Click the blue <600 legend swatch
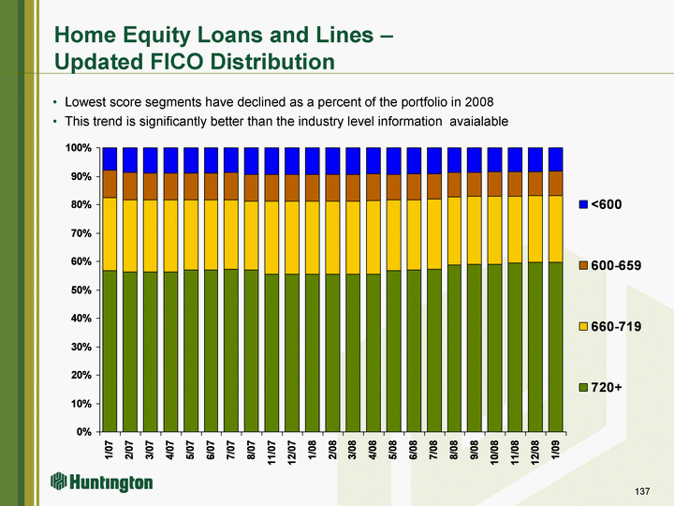coord(583,204)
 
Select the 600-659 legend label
coord(616,265)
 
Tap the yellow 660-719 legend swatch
coord(583,327)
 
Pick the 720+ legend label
coord(607,387)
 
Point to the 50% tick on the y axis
coord(100,290)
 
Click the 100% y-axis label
coord(79,148)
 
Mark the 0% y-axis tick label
coord(84,432)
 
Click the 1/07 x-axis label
coord(110,449)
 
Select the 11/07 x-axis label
coord(272,452)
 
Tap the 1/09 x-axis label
coord(556,449)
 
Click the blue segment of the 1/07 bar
coord(110,158)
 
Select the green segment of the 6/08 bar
coord(414,350)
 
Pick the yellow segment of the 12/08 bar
coord(535,229)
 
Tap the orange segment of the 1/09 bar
coord(555,184)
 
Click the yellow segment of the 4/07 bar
coord(170,236)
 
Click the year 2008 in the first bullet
coord(479,102)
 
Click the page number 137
coord(642,491)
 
